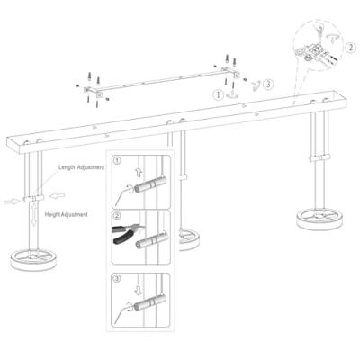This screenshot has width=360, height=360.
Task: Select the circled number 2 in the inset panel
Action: pos(117,216)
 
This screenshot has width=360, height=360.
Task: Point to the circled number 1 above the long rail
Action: pos(219,93)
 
